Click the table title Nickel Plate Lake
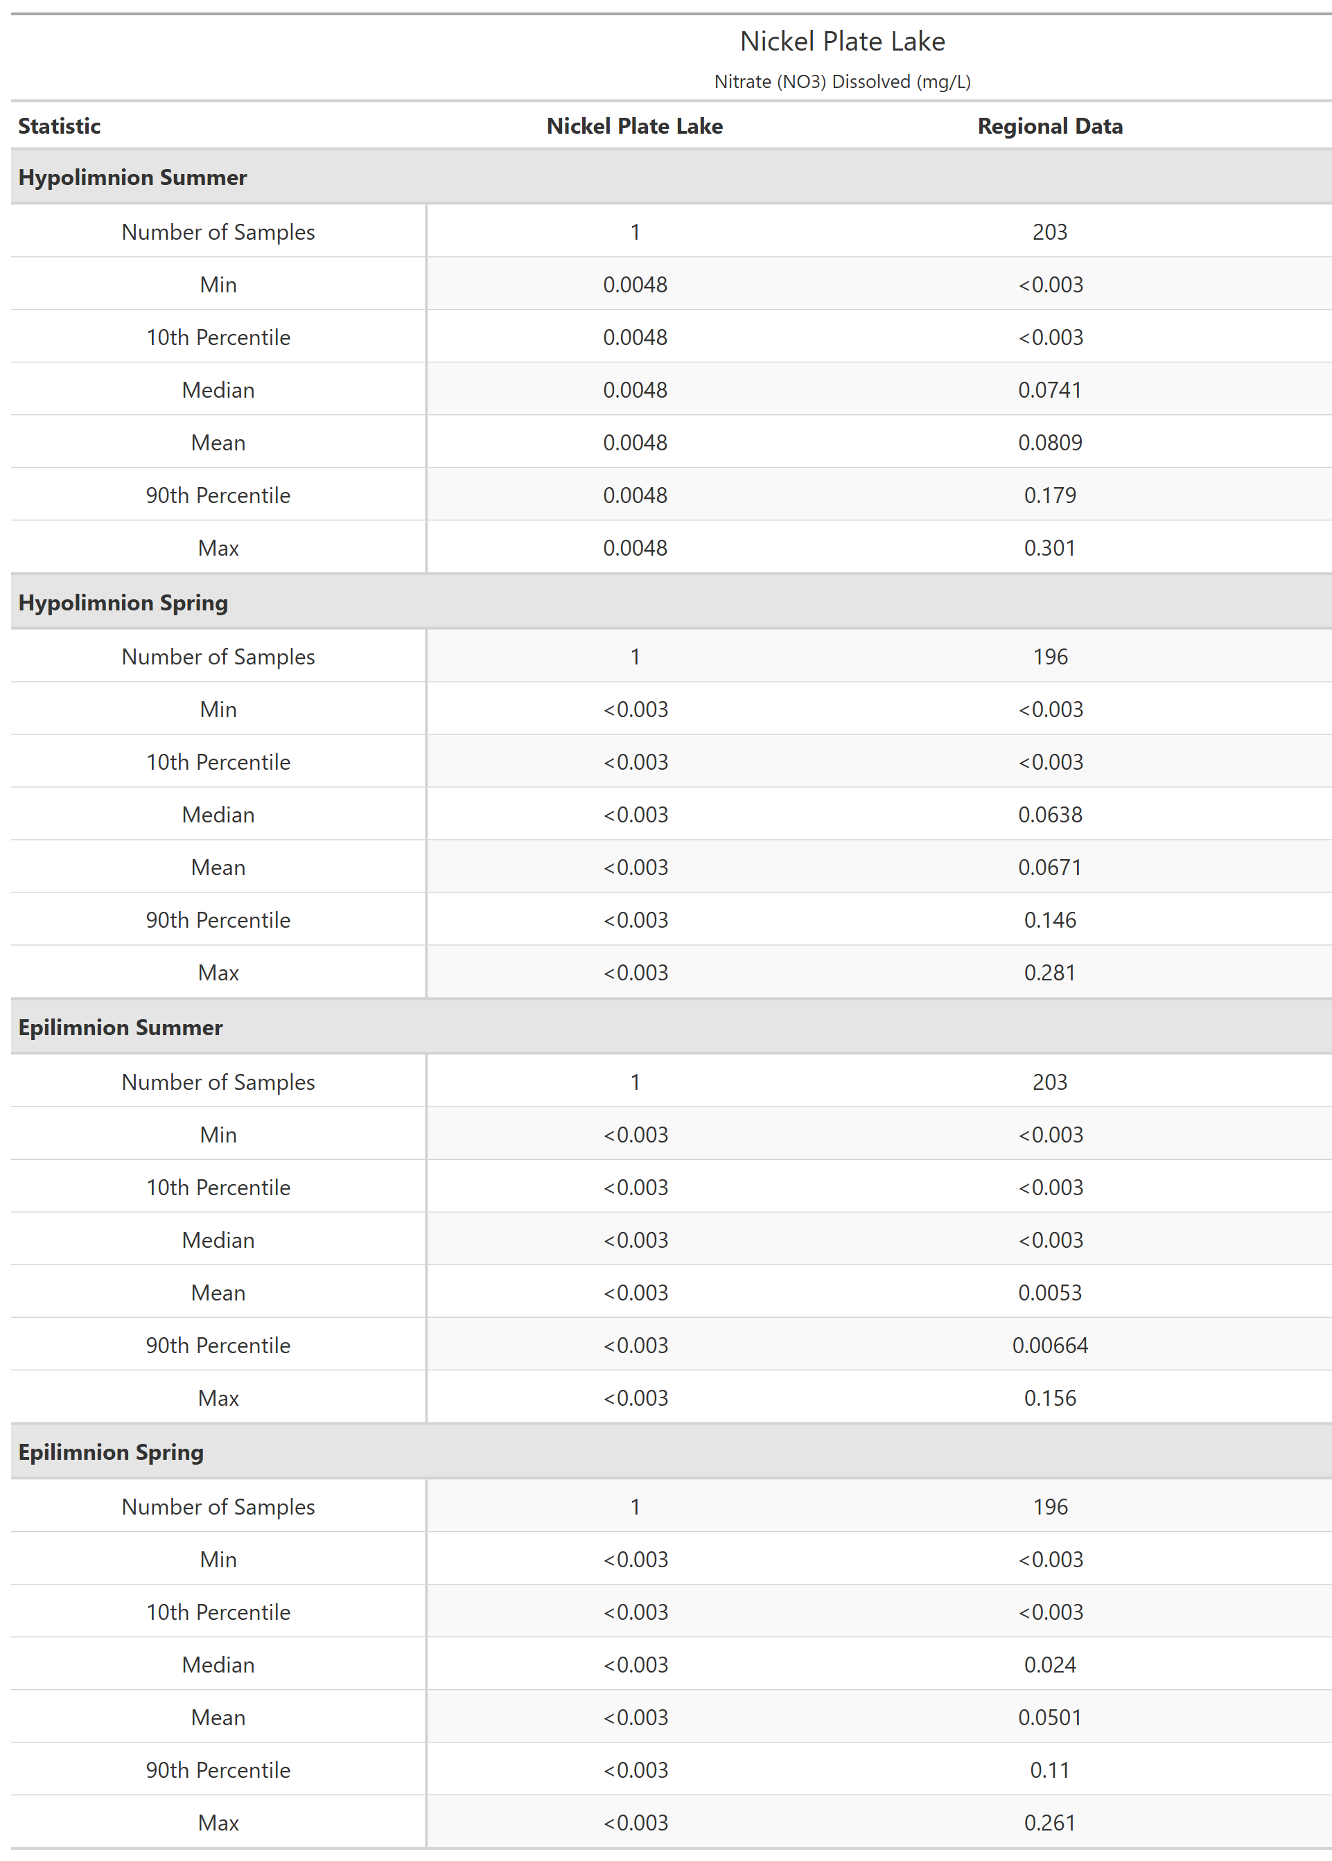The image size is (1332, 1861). coord(842,41)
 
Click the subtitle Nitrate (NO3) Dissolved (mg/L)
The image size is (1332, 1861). coord(842,82)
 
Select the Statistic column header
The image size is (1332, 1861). coord(59,126)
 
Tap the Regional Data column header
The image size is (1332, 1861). coord(1050,126)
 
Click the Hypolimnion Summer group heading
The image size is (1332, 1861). coord(132,177)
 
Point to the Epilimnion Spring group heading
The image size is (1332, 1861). coord(111,1452)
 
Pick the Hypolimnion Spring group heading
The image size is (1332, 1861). coord(123,603)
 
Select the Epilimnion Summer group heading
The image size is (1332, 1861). coord(121,1027)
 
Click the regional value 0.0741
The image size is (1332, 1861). coord(1050,390)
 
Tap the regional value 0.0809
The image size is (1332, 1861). coord(1050,443)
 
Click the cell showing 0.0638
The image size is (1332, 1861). coord(1050,815)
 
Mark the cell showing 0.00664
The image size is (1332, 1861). coord(1050,1346)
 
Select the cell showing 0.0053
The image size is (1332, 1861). coord(1050,1293)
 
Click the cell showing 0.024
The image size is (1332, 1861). coord(1050,1665)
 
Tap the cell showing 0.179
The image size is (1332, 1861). coord(1050,495)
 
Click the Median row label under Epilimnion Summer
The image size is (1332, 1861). coord(218,1240)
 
